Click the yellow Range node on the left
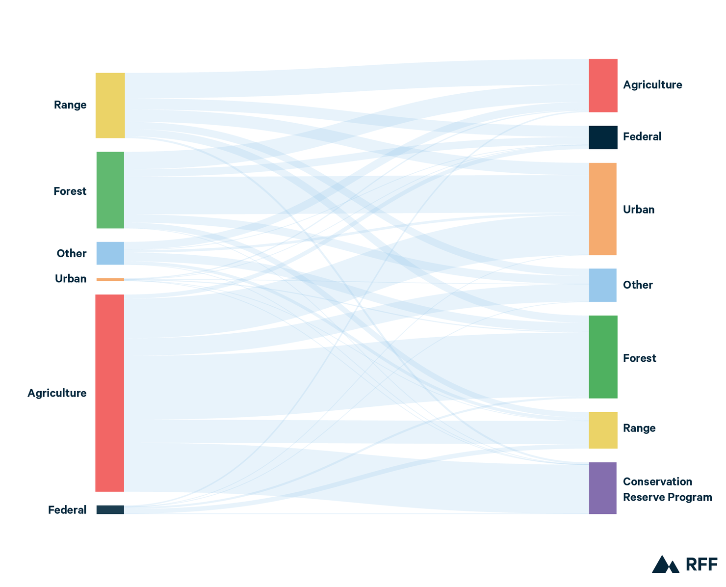tap(110, 105)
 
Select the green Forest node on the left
tap(110, 189)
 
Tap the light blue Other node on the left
tap(110, 253)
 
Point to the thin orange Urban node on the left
tap(110, 279)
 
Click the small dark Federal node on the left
tap(110, 509)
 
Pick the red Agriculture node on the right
tap(602, 85)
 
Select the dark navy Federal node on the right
tap(602, 137)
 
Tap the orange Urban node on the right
tap(602, 209)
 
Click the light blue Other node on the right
tap(602, 285)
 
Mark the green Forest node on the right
tap(602, 356)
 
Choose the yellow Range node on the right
tap(602, 430)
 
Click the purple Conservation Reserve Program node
tap(602, 487)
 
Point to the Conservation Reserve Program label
tap(667, 489)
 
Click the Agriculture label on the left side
tap(57, 393)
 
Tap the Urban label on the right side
tap(638, 209)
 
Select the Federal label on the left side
tap(67, 509)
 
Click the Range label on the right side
tap(639, 427)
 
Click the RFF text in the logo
tap(701, 564)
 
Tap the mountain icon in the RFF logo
tap(665, 564)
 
